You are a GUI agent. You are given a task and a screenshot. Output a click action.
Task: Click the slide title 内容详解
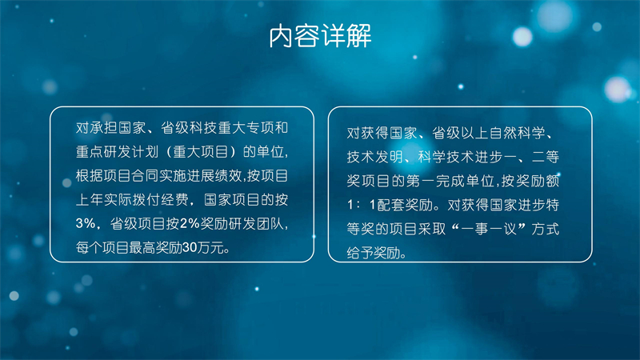[320, 36]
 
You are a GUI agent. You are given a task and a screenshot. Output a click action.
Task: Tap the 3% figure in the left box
[86, 224]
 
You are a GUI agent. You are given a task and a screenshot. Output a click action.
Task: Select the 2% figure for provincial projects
[190, 224]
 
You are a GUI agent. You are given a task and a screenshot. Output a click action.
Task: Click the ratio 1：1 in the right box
[361, 205]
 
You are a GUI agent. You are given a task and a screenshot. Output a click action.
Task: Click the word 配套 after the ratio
[390, 205]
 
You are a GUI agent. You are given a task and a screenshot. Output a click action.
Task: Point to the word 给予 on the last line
[361, 253]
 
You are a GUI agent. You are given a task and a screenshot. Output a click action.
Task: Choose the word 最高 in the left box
[143, 248]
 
